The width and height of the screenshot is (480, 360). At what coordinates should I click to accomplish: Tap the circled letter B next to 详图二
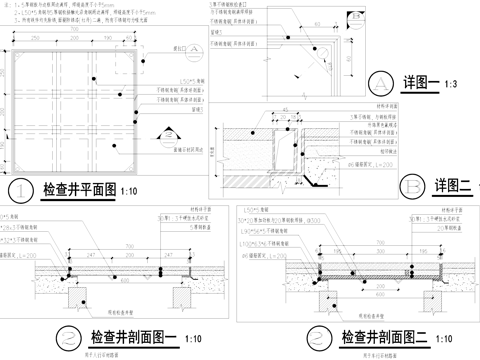pos(410,184)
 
